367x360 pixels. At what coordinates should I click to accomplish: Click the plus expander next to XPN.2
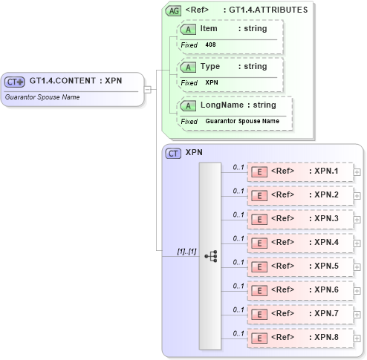[357, 196]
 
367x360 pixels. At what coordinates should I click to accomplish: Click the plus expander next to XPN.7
[357, 314]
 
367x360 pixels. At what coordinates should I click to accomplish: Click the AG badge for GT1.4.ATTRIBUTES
[173, 11]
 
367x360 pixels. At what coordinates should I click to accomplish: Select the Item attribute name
[209, 28]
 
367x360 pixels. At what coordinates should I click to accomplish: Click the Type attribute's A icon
[189, 67]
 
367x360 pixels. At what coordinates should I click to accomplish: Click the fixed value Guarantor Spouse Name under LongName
[242, 121]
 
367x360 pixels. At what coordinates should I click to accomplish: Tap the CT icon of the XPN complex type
[173, 154]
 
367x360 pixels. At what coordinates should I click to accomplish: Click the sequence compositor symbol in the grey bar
[210, 255]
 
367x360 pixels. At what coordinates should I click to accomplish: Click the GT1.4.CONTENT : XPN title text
[75, 81]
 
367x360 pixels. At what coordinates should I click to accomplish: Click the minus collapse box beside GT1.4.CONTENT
[148, 90]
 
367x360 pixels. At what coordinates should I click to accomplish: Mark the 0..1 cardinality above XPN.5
[238, 261]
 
